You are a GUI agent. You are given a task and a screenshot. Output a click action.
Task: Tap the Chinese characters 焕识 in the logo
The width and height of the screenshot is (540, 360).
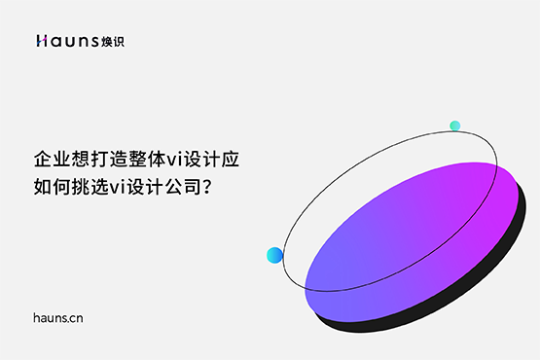pos(112,41)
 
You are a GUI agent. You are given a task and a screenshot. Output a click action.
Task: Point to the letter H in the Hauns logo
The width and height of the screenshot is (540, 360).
pos(41,41)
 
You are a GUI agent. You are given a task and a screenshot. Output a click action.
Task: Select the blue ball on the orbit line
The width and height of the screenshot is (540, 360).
pos(274,255)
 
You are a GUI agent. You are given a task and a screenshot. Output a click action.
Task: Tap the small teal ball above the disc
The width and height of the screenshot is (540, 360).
pos(454,126)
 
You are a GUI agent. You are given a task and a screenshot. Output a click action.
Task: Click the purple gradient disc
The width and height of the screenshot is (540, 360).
pos(409,238)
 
